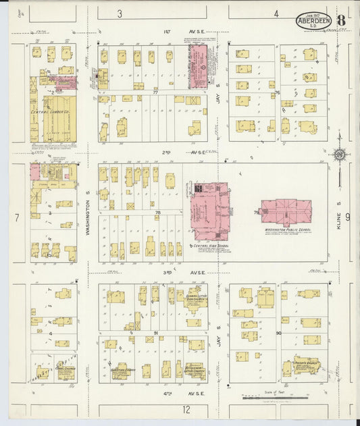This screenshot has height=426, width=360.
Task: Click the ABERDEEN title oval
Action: (313, 20)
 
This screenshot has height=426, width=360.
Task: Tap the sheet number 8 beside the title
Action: (341, 20)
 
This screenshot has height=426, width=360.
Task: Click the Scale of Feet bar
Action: (270, 398)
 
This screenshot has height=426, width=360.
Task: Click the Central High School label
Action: (210, 246)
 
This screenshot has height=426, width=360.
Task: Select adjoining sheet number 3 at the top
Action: (120, 13)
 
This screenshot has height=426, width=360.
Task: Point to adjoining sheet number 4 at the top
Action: (276, 13)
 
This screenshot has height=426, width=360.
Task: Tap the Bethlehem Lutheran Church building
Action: (195, 369)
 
